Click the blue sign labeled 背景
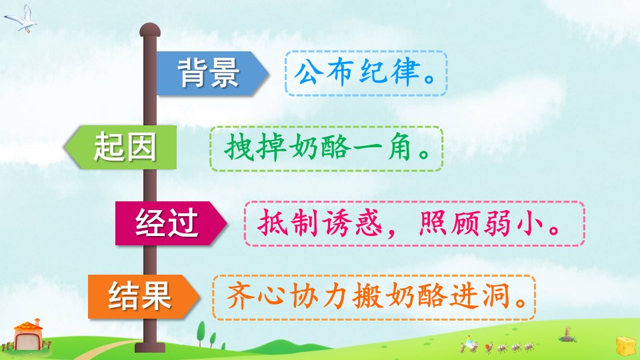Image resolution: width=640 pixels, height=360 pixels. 212,73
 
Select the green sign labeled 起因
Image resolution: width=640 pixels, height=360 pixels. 121,147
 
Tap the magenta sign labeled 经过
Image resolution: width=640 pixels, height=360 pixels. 171,223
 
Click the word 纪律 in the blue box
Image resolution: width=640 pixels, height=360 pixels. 390,73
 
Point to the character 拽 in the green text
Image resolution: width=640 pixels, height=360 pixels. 238,148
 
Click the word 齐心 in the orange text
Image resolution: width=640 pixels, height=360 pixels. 255,296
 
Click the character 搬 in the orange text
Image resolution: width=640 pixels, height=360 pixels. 367,296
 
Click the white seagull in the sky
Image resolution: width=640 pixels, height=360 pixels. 21,19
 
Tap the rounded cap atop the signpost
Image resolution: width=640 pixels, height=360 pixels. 150,30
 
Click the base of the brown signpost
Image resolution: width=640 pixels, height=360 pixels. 150,347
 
